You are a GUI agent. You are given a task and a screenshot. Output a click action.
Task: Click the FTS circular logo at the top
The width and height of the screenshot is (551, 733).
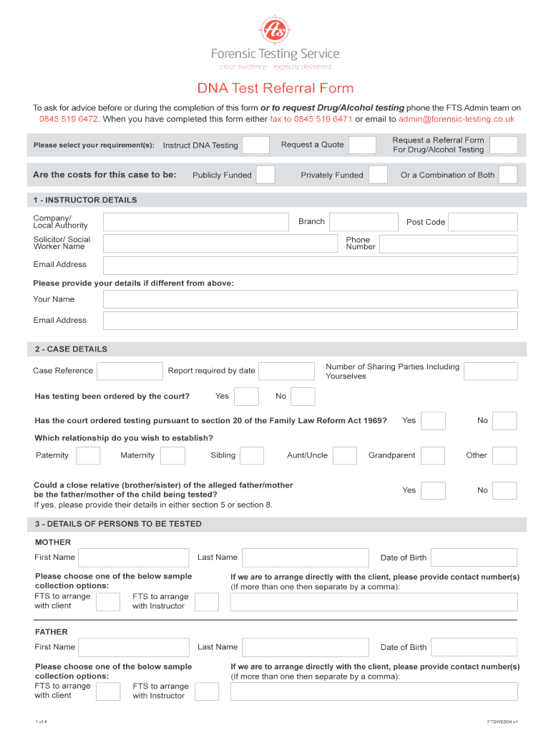[x=275, y=29]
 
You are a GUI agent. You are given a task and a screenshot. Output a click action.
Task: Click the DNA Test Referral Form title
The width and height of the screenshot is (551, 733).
[x=275, y=89]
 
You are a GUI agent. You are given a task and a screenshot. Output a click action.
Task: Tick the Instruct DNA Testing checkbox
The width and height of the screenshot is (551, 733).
[x=255, y=145]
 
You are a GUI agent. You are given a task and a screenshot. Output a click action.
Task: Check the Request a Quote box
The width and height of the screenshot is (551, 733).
[x=362, y=145]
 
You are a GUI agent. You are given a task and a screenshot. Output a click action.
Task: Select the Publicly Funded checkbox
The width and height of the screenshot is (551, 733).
[x=265, y=175]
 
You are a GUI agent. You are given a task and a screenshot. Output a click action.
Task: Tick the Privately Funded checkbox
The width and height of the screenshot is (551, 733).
[x=379, y=175]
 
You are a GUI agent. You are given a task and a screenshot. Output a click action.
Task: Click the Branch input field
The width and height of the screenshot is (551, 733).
[x=364, y=222]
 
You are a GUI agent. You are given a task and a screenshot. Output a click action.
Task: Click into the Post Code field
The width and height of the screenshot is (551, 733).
[x=482, y=222]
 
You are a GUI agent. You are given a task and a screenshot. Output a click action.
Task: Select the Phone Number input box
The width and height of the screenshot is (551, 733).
[x=448, y=244]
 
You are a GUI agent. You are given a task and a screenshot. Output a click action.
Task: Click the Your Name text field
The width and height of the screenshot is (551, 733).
[x=310, y=299]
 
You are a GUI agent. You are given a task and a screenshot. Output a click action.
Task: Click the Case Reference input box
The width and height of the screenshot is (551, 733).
[x=130, y=371]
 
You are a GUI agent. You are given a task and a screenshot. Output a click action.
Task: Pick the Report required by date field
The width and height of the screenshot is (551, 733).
[x=286, y=371]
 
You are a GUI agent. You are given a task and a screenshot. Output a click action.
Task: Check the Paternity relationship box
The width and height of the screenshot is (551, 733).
[x=88, y=455]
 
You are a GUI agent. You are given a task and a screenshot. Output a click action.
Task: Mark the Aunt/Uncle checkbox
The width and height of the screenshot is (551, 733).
[x=345, y=455]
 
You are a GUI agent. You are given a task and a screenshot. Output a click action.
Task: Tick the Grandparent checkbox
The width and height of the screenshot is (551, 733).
[x=433, y=455]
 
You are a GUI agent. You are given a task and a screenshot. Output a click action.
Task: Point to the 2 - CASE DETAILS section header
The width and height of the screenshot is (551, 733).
[x=72, y=349]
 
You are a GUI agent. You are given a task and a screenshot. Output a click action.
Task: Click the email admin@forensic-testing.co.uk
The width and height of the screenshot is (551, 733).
[x=457, y=119]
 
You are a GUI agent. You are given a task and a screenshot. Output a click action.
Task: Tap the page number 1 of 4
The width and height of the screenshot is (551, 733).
[x=42, y=721]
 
